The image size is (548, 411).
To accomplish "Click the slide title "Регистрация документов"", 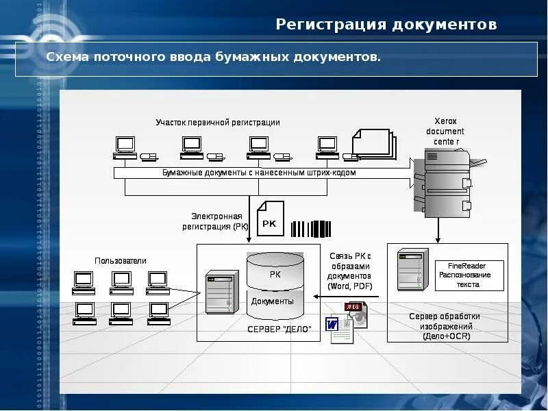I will pyautogui.click(x=386, y=25).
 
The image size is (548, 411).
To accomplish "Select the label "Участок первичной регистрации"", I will pyautogui.click(x=217, y=123).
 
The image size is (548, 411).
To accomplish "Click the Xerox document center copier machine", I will pyautogui.click(x=447, y=184).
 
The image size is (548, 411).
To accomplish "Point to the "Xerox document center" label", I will pyautogui.click(x=445, y=131).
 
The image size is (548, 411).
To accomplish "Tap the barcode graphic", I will pyautogui.click(x=311, y=229).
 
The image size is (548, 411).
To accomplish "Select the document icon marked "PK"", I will pyautogui.click(x=269, y=219).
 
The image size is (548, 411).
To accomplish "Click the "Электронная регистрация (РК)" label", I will pyautogui.click(x=212, y=221).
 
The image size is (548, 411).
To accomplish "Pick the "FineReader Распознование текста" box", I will pyautogui.click(x=469, y=275).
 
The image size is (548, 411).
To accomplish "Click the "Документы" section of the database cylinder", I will pyautogui.click(x=272, y=301).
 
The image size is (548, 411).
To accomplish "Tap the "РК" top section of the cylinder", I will pyautogui.click(x=275, y=274).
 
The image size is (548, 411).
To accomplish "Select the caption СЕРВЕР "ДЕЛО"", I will pyautogui.click(x=279, y=329).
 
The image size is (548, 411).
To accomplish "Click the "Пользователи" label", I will pyautogui.click(x=121, y=261).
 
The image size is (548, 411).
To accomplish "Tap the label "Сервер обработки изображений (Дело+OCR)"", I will pyautogui.click(x=445, y=326).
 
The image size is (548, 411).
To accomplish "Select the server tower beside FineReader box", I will pyautogui.click(x=412, y=270).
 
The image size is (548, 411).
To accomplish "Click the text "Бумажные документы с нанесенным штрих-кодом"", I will pyautogui.click(x=259, y=173).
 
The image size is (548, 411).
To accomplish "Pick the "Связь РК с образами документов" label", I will pyautogui.click(x=349, y=271).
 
